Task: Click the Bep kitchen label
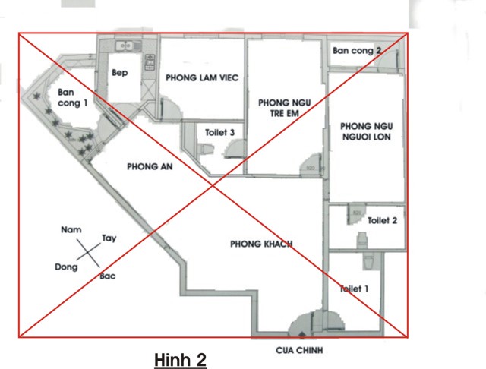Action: (120, 73)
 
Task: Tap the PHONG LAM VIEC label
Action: (202, 77)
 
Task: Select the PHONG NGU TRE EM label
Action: (285, 108)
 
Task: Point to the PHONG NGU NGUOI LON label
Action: (367, 131)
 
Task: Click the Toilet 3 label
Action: (219, 133)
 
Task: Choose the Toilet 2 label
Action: (382, 221)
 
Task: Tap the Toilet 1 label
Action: (355, 289)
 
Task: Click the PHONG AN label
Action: (150, 167)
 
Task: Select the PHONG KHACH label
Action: (261, 244)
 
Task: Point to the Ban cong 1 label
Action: (73, 98)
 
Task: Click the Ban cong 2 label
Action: (357, 51)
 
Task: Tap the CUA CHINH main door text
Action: (299, 351)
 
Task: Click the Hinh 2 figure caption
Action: (181, 361)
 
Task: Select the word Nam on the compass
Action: (71, 230)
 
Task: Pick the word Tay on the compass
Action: (109, 238)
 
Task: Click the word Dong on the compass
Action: (66, 267)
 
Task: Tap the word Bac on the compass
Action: (108, 276)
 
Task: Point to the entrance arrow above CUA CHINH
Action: (302, 335)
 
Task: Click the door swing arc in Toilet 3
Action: (235, 147)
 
